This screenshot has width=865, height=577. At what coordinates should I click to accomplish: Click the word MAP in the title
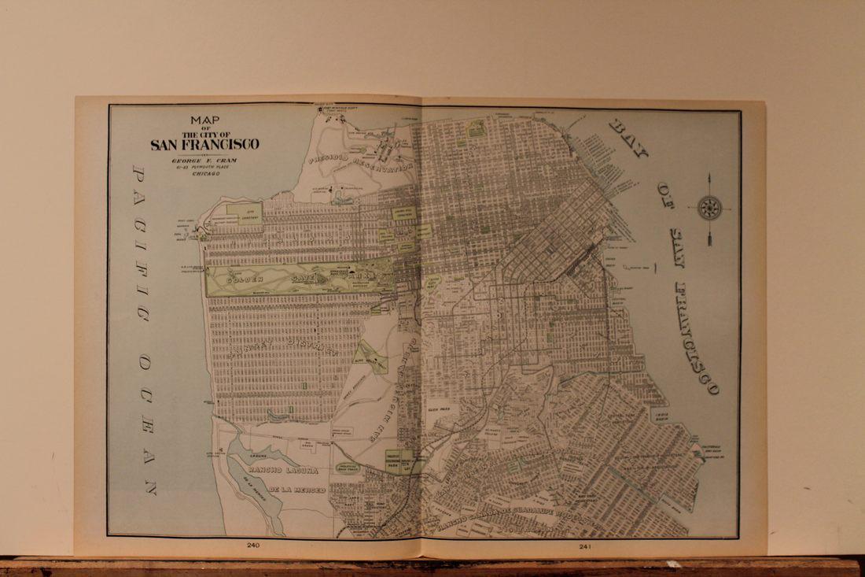coord(204,120)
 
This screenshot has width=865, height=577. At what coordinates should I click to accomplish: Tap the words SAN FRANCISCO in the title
coord(204,144)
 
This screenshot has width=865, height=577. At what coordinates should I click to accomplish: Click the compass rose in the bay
coord(709,209)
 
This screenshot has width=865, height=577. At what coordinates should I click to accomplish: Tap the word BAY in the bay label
coord(628,140)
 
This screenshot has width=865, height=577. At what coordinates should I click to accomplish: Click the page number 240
coord(253,545)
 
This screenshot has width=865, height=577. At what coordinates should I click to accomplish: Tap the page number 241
coord(585,546)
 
